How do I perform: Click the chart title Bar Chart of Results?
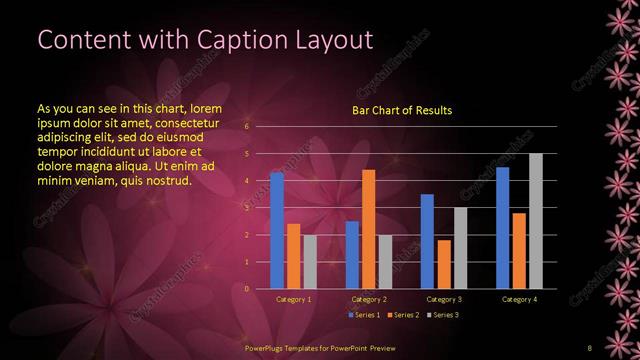pyautogui.click(x=401, y=110)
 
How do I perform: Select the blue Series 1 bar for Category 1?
pyautogui.click(x=277, y=230)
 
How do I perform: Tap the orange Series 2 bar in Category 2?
pyautogui.click(x=368, y=229)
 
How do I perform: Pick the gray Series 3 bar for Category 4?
pyautogui.click(x=535, y=221)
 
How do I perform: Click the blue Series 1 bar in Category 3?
pyautogui.click(x=427, y=241)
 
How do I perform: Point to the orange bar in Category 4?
pyautogui.click(x=519, y=250)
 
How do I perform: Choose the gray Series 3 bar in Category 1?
pyautogui.click(x=309, y=262)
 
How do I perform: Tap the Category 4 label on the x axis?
pyautogui.click(x=518, y=299)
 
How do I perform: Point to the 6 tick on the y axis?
pyautogui.click(x=247, y=127)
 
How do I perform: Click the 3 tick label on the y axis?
pyautogui.click(x=247, y=208)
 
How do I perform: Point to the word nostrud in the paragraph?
pyautogui.click(x=164, y=180)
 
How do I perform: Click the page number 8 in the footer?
pyautogui.click(x=589, y=345)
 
